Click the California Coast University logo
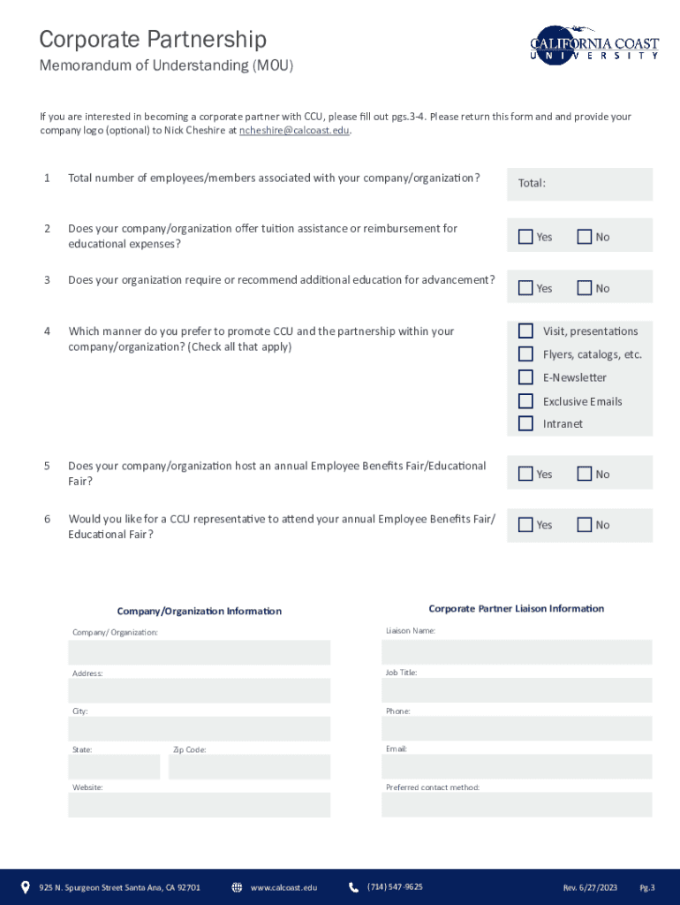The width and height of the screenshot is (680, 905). click(594, 43)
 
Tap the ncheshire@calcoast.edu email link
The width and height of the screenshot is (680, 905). click(295, 131)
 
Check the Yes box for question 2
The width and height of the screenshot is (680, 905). click(525, 236)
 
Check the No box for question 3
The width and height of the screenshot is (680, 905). click(584, 287)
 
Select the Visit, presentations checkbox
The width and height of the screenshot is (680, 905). click(525, 331)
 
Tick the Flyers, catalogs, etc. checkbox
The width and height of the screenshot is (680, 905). click(525, 354)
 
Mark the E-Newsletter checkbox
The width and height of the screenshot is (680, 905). click(525, 377)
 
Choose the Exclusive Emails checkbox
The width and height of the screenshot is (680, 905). click(525, 401)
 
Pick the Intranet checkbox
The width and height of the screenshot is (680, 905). click(525, 423)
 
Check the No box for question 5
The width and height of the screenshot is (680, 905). click(584, 474)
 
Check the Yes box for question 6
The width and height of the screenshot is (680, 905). click(525, 524)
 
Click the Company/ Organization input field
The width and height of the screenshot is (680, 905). click(200, 652)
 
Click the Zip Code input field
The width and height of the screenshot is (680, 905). click(249, 766)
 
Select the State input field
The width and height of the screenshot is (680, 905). click(114, 766)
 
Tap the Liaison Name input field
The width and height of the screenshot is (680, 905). click(517, 652)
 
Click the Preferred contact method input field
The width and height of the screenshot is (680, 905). click(517, 804)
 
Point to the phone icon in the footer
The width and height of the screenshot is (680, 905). click(354, 887)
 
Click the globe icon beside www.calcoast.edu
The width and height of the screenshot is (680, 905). click(237, 887)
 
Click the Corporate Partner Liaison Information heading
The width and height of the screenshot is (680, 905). click(517, 609)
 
